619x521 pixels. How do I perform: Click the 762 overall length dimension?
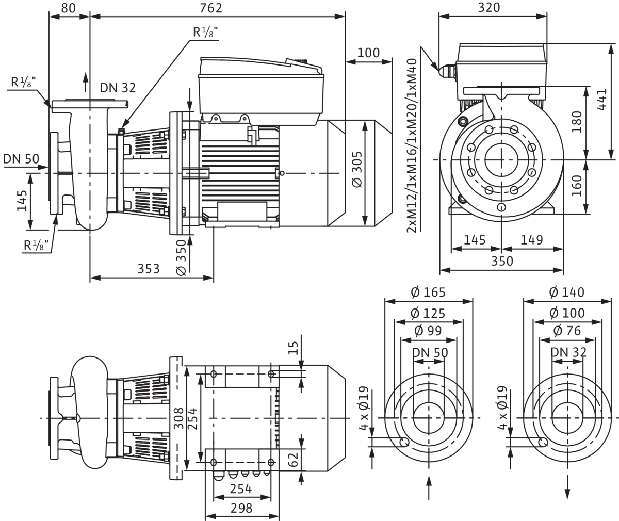(x=211, y=8)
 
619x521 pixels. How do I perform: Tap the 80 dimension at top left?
(x=68, y=8)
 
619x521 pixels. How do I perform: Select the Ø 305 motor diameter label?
(x=357, y=170)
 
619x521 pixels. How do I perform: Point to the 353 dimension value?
(x=149, y=269)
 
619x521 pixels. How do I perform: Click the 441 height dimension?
(x=602, y=100)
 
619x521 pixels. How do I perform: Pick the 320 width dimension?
(x=489, y=7)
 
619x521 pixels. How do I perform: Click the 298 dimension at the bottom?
(x=241, y=508)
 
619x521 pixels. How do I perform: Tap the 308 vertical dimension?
(x=178, y=418)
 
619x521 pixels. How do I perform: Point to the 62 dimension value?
(x=293, y=460)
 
